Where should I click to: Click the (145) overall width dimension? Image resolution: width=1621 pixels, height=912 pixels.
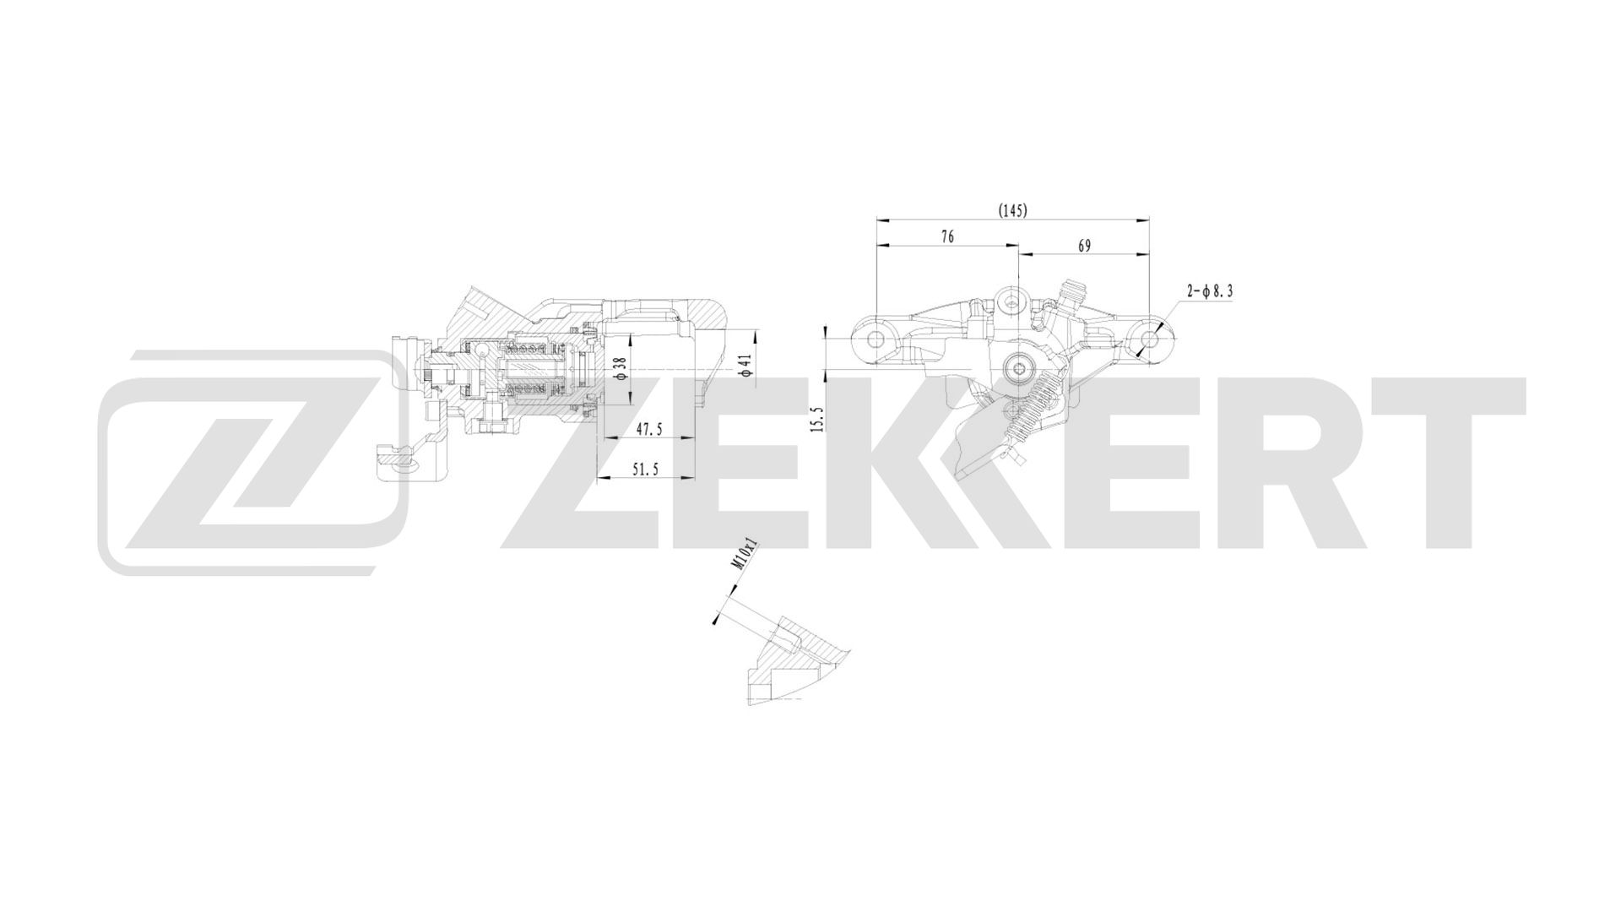pyautogui.click(x=1012, y=210)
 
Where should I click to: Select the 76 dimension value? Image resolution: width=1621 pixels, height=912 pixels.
pyautogui.click(x=947, y=237)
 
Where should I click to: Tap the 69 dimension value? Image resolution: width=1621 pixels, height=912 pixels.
pyautogui.click(x=1085, y=246)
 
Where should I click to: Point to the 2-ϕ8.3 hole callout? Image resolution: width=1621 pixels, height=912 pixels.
pyautogui.click(x=1210, y=291)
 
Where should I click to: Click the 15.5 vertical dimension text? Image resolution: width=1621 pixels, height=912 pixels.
pyautogui.click(x=816, y=419)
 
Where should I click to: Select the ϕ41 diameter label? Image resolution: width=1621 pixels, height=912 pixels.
pyautogui.click(x=745, y=365)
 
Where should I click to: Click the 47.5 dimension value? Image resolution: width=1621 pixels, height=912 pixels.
pyautogui.click(x=648, y=430)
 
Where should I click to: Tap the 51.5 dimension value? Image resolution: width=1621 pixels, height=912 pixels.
pyautogui.click(x=646, y=470)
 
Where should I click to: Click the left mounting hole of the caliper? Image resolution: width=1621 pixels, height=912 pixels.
pyautogui.click(x=876, y=339)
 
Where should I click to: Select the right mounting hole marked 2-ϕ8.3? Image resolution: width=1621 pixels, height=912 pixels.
pyautogui.click(x=1148, y=339)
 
